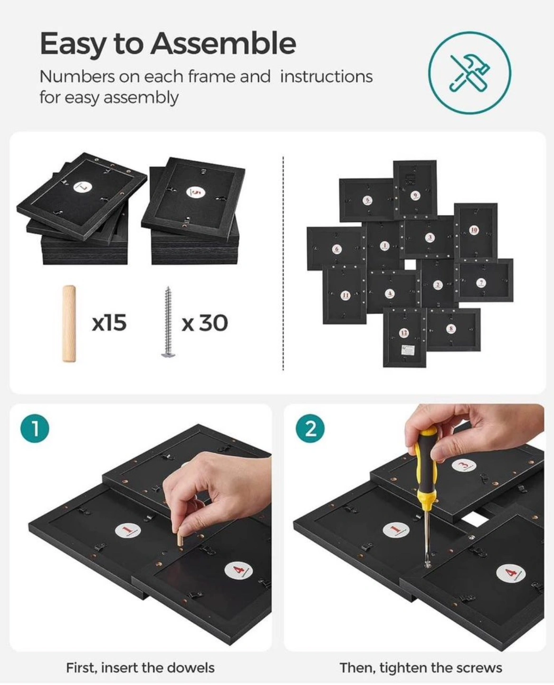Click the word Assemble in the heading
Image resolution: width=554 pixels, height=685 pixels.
223,43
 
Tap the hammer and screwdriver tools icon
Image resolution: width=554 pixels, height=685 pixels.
469,73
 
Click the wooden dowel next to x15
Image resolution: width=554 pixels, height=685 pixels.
69,323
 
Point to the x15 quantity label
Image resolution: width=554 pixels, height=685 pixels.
109,323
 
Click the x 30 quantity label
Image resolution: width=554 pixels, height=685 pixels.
205,323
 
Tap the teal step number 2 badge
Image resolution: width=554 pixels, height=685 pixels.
310,429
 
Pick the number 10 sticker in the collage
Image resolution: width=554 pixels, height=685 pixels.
474,230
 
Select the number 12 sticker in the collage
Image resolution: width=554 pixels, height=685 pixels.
404,333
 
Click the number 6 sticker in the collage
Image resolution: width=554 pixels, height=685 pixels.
336,249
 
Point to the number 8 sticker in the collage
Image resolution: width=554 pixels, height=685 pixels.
451,328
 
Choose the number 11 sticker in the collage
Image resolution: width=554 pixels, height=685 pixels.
345,295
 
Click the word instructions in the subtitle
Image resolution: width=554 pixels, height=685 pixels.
326,77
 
